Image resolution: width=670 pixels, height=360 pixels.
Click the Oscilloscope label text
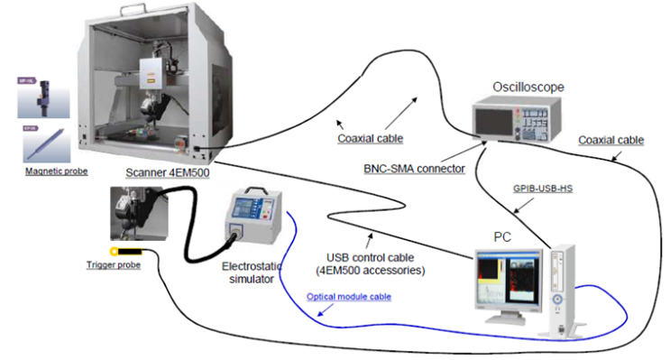click(528, 87)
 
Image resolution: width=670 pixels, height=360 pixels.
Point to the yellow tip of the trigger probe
click(115, 252)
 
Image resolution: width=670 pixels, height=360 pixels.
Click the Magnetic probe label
click(56, 171)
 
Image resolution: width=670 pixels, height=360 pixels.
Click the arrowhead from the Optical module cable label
click(321, 315)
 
